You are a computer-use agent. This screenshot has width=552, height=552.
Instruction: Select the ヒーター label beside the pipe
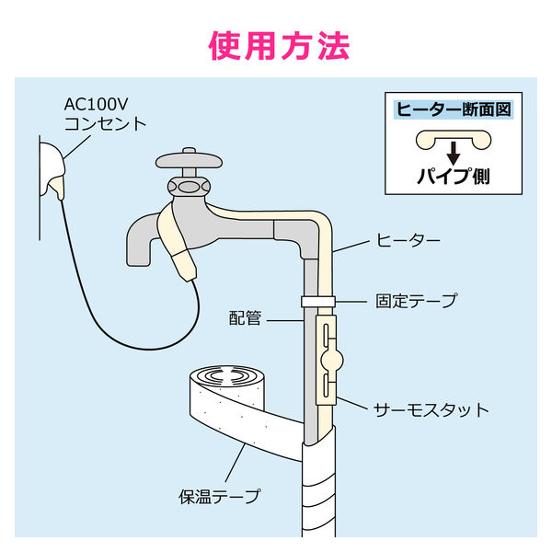pyautogui.click(x=405, y=241)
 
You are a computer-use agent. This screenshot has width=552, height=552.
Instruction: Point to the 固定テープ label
pyautogui.click(x=416, y=301)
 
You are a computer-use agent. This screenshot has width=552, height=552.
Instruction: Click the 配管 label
pyautogui.click(x=247, y=319)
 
